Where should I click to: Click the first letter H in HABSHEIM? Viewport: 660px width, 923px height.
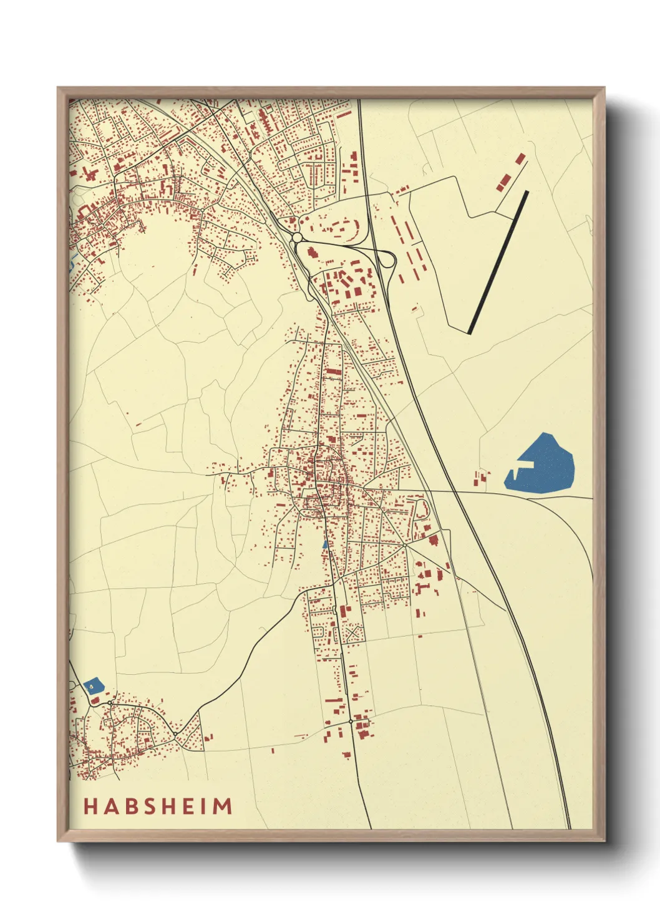click(x=90, y=806)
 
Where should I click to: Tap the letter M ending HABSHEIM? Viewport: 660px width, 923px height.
click(x=223, y=806)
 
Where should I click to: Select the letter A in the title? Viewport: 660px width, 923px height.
click(x=108, y=806)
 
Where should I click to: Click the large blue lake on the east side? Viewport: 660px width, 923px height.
click(x=541, y=465)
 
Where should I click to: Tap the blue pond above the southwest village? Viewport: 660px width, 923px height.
click(x=93, y=685)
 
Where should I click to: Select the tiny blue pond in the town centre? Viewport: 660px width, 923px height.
click(x=324, y=544)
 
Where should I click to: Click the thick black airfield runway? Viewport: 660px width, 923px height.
click(x=498, y=263)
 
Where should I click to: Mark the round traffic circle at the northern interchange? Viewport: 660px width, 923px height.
click(x=297, y=238)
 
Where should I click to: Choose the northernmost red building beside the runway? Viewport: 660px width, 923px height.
click(x=520, y=158)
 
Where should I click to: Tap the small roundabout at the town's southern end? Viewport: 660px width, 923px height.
click(x=351, y=721)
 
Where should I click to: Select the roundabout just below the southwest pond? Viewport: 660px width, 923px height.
click(x=110, y=703)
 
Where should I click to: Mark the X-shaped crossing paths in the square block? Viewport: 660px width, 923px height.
click(x=352, y=634)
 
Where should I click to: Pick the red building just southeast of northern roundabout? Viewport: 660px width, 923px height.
click(x=312, y=253)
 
